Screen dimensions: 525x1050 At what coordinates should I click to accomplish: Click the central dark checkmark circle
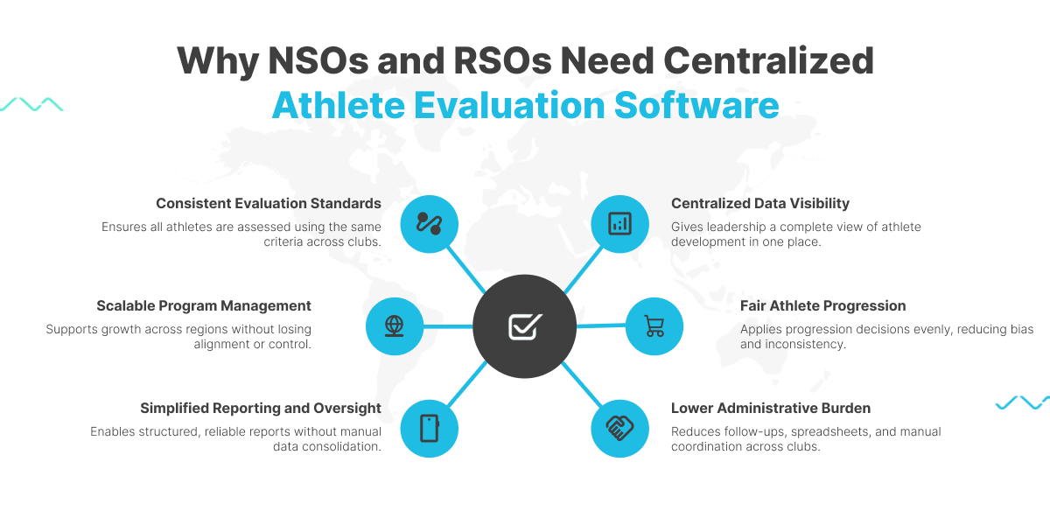524,326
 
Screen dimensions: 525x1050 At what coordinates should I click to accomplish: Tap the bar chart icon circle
619,223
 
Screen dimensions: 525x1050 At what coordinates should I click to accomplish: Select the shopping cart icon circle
654,326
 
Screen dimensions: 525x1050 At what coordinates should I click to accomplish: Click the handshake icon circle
619,428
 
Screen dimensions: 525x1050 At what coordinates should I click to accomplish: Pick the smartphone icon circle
429,428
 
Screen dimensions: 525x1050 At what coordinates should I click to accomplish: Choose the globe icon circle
395,326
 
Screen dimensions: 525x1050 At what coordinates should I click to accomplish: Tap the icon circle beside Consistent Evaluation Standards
429,223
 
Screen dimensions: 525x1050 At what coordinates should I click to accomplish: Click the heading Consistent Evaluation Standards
269,203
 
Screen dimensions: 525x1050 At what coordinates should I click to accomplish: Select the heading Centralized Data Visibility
759,203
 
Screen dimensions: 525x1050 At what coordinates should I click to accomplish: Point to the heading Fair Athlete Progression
822,305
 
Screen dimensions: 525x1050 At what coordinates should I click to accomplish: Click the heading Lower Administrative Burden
770,408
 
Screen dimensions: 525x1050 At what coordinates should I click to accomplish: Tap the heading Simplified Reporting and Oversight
261,408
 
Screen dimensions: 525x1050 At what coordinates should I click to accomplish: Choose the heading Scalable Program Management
204,305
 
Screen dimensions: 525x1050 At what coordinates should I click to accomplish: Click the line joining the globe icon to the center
448,326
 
